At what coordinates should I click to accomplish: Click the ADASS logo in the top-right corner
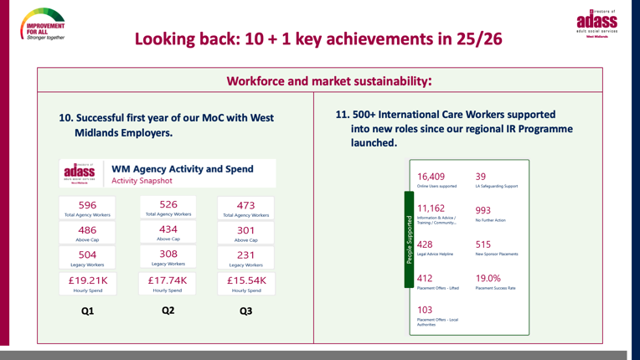coord(596,23)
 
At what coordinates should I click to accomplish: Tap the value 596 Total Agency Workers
coord(87,205)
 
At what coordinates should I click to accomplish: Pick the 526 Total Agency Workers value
coord(168,204)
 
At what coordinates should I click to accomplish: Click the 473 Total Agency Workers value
coord(245,205)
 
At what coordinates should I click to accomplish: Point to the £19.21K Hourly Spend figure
coord(87,280)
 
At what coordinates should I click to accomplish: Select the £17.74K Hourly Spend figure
coord(168,280)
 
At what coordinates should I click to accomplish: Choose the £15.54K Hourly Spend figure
coord(245,280)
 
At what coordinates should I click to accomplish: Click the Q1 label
coord(87,311)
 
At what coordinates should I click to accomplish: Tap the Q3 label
coord(245,311)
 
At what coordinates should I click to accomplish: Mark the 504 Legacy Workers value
coord(87,255)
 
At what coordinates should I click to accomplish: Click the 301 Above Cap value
coord(245,230)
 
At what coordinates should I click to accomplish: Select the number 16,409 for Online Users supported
coord(431,177)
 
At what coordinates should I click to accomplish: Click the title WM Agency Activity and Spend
coord(189,168)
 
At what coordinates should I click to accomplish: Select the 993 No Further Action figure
coord(483,210)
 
